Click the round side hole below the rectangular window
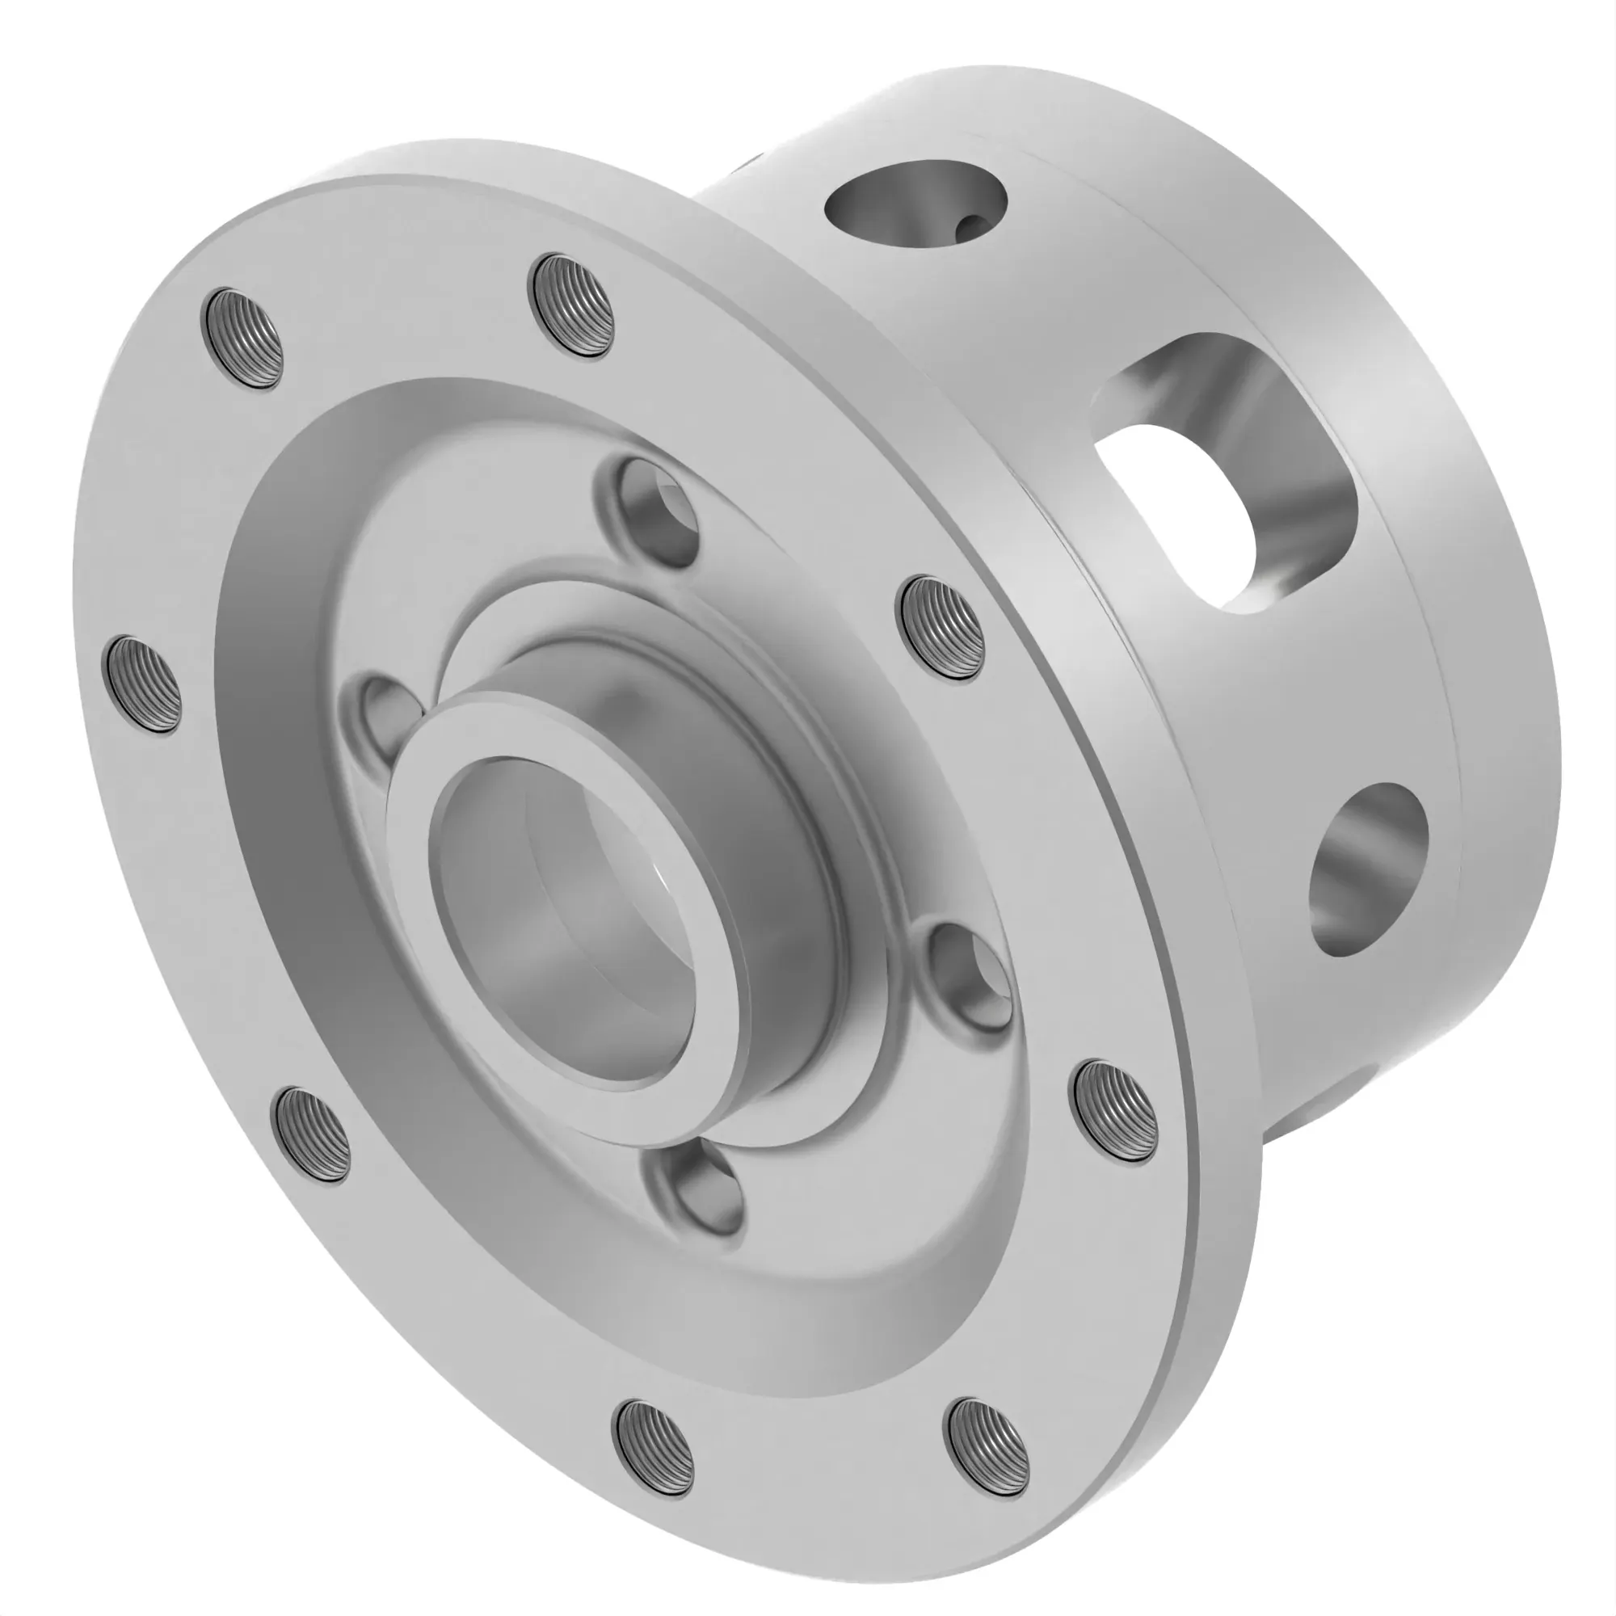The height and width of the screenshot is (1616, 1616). click(x=1365, y=870)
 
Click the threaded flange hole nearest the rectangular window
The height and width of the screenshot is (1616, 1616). click(x=941, y=628)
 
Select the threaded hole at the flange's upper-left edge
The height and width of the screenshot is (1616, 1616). click(x=243, y=336)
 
